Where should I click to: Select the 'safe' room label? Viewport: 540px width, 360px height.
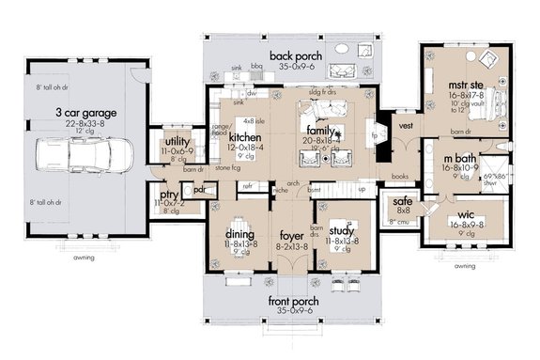399,201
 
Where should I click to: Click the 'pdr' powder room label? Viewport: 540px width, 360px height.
200,188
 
